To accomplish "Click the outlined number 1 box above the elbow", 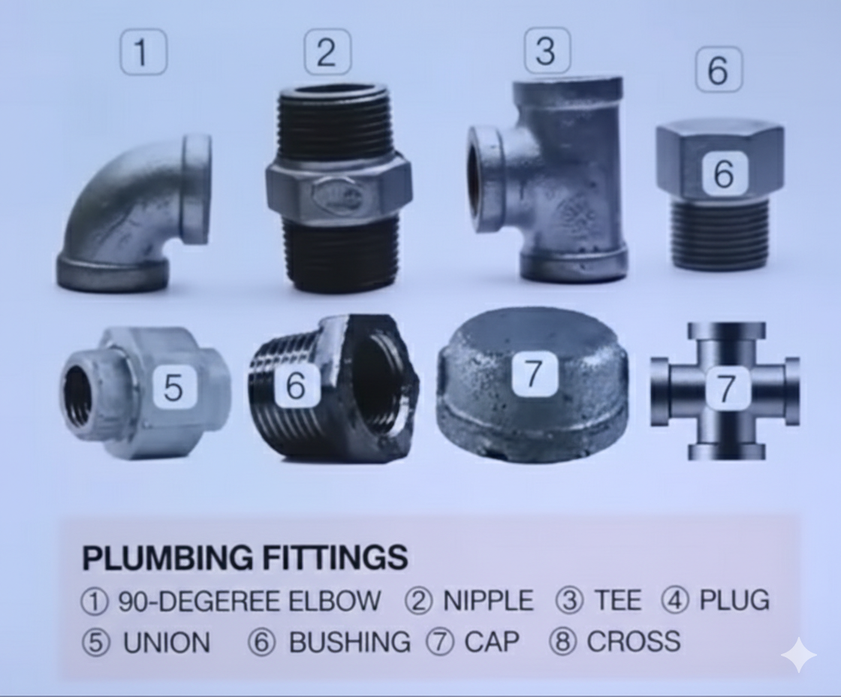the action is click(x=143, y=52).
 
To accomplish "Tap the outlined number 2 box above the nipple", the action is click(x=327, y=52).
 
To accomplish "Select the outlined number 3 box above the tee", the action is click(x=547, y=50).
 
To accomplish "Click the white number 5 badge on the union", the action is click(x=173, y=387).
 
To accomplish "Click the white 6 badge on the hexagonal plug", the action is click(x=724, y=173).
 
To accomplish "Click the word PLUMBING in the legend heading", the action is click(x=167, y=557).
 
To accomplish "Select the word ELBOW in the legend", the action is click(x=335, y=600).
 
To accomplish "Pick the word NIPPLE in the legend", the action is click(x=488, y=600).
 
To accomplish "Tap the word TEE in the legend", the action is click(x=617, y=600).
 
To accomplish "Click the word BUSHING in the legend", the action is click(x=350, y=642).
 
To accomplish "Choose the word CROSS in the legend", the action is click(x=634, y=641).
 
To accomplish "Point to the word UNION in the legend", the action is click(x=167, y=642).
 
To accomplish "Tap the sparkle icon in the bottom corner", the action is click(x=799, y=654).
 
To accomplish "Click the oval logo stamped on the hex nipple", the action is click(x=336, y=195).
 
